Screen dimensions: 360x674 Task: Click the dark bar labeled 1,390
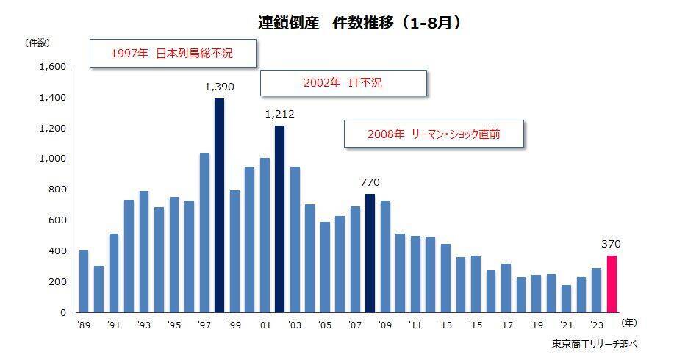[x=219, y=205]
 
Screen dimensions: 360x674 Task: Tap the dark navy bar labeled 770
[x=370, y=253]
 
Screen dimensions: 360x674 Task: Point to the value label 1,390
[x=219, y=87]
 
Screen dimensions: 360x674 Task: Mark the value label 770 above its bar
[x=370, y=182]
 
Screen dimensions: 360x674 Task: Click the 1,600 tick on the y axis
[x=54, y=67]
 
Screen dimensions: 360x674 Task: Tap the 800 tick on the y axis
[x=57, y=190]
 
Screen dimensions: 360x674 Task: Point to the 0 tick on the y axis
[x=63, y=312]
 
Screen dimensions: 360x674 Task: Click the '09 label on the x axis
[x=385, y=324]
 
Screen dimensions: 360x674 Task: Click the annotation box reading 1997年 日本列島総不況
[x=173, y=54]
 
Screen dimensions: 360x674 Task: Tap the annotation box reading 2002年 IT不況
[x=343, y=83]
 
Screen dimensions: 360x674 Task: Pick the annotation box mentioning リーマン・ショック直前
[x=434, y=134]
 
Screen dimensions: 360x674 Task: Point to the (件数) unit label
[x=37, y=42]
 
